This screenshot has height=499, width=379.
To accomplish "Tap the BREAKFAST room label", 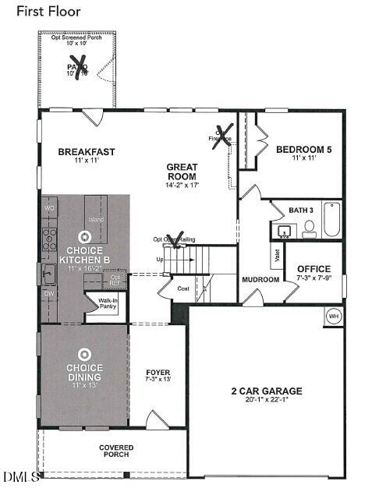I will (x=87, y=151).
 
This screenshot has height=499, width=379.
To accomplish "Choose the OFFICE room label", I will (x=313, y=269).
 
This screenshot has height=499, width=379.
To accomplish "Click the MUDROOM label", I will (x=260, y=279).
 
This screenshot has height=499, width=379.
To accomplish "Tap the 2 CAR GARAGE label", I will (x=266, y=391).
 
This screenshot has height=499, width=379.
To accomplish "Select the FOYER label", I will (x=158, y=373).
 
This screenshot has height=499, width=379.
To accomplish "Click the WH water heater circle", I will (x=333, y=317).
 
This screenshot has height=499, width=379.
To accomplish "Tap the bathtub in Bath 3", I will (x=332, y=220).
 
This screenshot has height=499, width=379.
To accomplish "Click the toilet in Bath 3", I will (x=309, y=228).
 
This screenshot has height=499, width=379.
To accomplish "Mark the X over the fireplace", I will (x=224, y=137).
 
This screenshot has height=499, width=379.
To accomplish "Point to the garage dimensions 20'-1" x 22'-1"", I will (x=266, y=400).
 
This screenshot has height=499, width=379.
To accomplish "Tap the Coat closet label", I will (x=183, y=288).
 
